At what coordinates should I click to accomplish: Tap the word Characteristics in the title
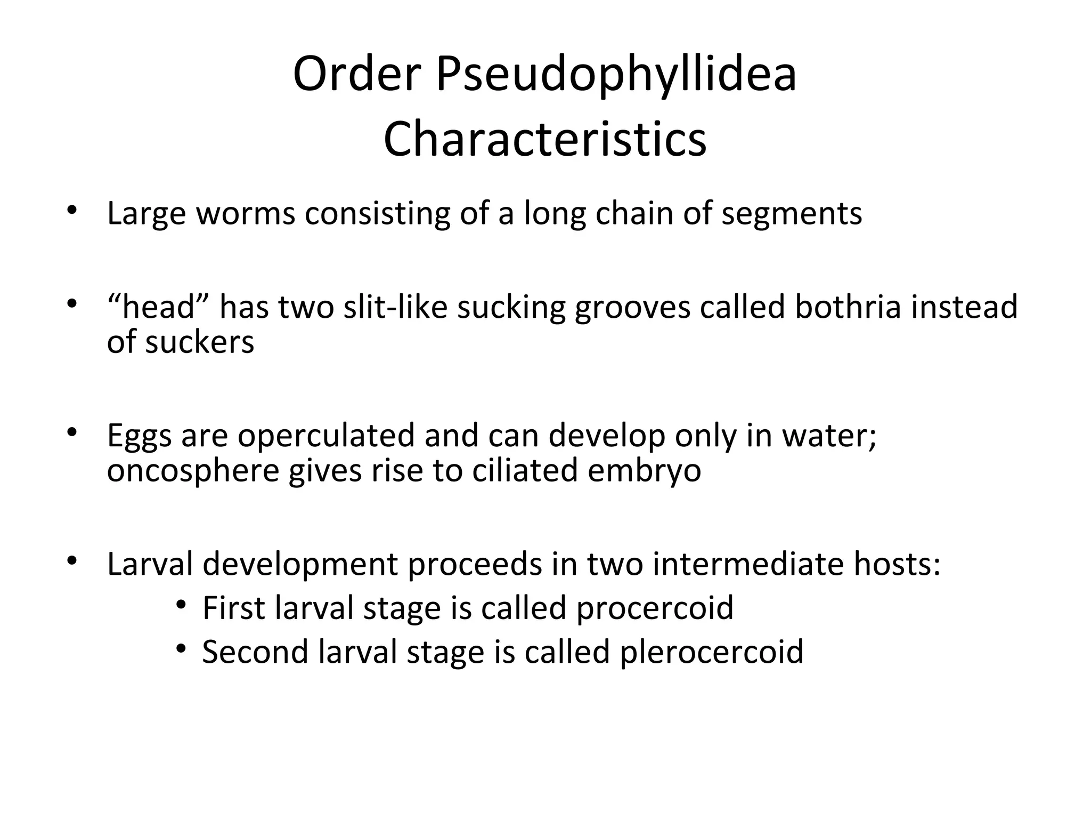pyautogui.click(x=545, y=139)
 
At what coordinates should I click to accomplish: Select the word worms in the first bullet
pyautogui.click(x=246, y=213)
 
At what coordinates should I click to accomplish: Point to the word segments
pyautogui.click(x=792, y=214)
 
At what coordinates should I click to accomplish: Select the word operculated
pyautogui.click(x=326, y=436)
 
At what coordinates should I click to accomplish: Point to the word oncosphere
pyautogui.click(x=193, y=471)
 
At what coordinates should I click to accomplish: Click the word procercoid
pyautogui.click(x=655, y=608)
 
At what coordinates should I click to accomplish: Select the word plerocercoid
pyautogui.click(x=712, y=653)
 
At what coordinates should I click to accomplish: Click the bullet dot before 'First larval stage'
pyautogui.click(x=182, y=605)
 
